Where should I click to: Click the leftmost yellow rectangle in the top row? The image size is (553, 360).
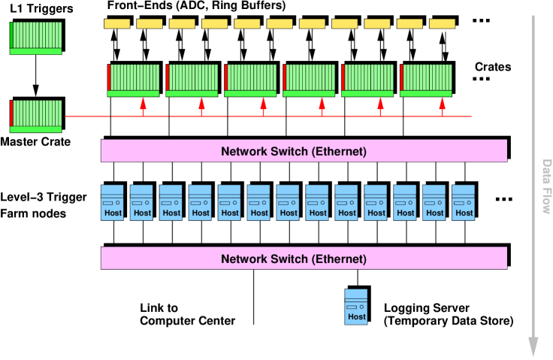tap(116, 24)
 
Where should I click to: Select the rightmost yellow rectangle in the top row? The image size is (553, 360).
tap(442, 24)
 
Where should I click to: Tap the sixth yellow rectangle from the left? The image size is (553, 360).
tap(280, 24)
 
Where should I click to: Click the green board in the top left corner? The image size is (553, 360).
tap(35, 38)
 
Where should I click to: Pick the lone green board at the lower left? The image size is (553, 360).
tap(35, 116)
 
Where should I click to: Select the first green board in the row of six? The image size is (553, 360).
tap(133, 80)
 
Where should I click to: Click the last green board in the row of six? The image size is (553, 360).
tap(426, 80)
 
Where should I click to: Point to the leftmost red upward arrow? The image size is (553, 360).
tap(143, 107)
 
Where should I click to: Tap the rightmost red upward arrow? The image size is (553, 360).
tap(442, 107)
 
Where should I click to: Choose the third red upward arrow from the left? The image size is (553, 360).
tap(263, 107)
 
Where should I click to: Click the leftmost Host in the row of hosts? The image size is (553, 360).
tap(113, 202)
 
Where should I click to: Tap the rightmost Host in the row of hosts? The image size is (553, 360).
tap(464, 202)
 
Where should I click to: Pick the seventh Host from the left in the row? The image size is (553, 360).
tap(288, 202)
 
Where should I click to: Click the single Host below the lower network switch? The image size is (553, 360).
tap(356, 307)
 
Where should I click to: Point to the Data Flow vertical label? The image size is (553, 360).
tap(547, 186)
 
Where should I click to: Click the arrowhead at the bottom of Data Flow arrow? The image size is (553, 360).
tap(533, 346)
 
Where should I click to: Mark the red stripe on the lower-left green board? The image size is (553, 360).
tap(12, 113)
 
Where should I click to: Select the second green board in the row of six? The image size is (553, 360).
tap(192, 80)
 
